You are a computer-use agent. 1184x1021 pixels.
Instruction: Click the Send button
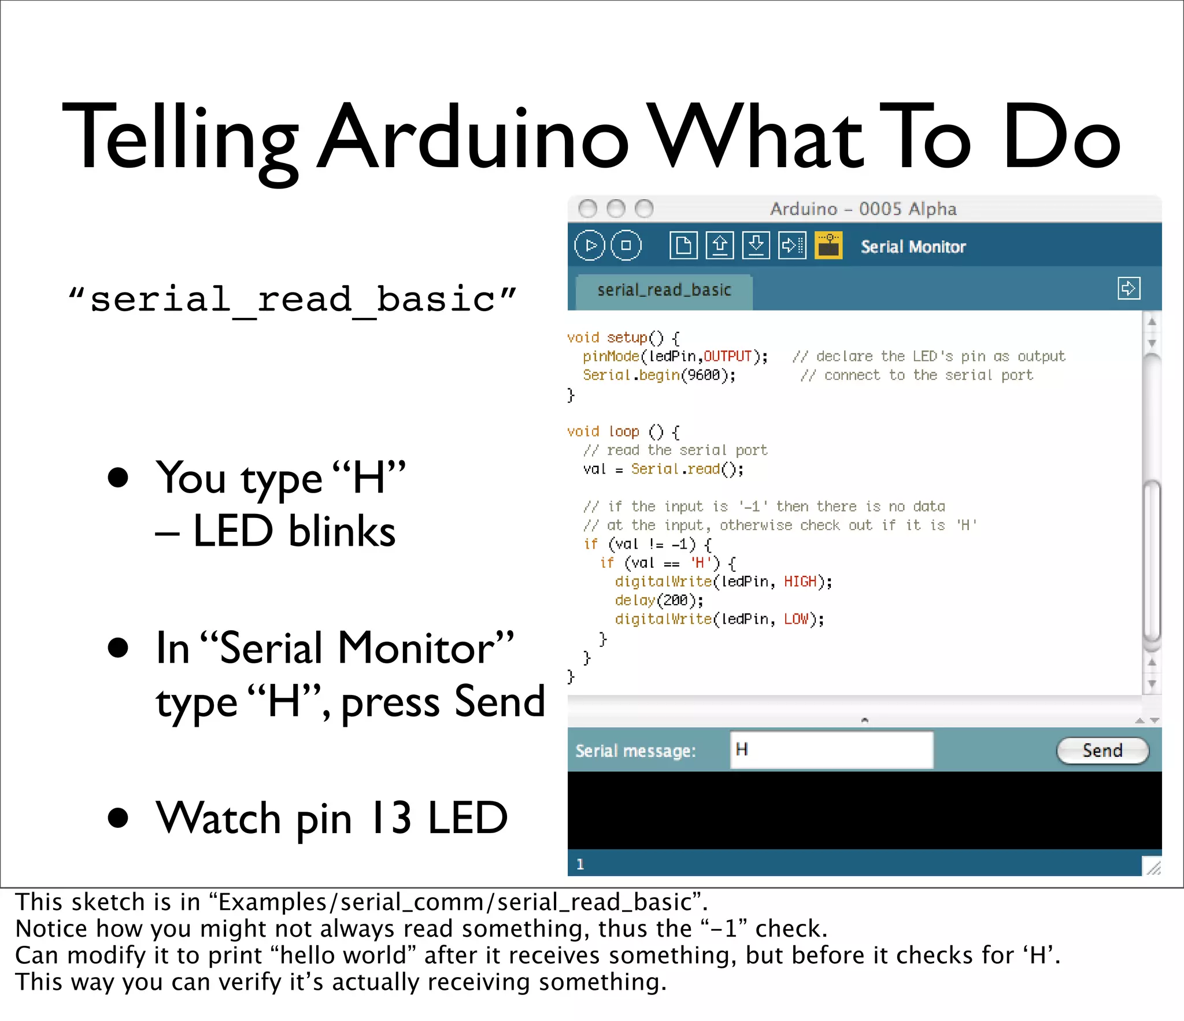[1102, 751]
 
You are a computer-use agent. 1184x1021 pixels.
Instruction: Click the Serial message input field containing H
[831, 750]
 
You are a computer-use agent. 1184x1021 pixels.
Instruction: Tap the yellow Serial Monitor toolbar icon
[828, 246]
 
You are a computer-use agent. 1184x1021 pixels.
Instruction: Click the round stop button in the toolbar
[626, 246]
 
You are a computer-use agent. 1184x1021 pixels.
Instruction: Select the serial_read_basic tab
[664, 290]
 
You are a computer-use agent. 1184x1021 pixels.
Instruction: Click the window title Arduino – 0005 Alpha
[863, 209]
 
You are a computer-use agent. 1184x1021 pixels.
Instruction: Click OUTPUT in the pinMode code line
[727, 357]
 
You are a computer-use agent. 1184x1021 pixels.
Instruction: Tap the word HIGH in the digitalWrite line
[800, 582]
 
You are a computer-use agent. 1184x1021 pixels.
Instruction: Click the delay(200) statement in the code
[659, 601]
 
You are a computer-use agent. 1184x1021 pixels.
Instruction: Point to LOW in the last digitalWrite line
[796, 619]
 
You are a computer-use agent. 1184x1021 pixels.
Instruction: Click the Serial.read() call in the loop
[687, 469]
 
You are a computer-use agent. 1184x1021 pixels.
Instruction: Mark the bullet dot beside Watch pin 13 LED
[118, 818]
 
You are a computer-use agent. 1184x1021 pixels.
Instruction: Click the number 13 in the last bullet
[392, 818]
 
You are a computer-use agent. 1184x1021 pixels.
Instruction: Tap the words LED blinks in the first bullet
[294, 531]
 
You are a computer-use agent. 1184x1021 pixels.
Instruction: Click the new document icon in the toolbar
[683, 246]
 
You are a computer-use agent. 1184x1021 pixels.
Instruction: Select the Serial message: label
[635, 751]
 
